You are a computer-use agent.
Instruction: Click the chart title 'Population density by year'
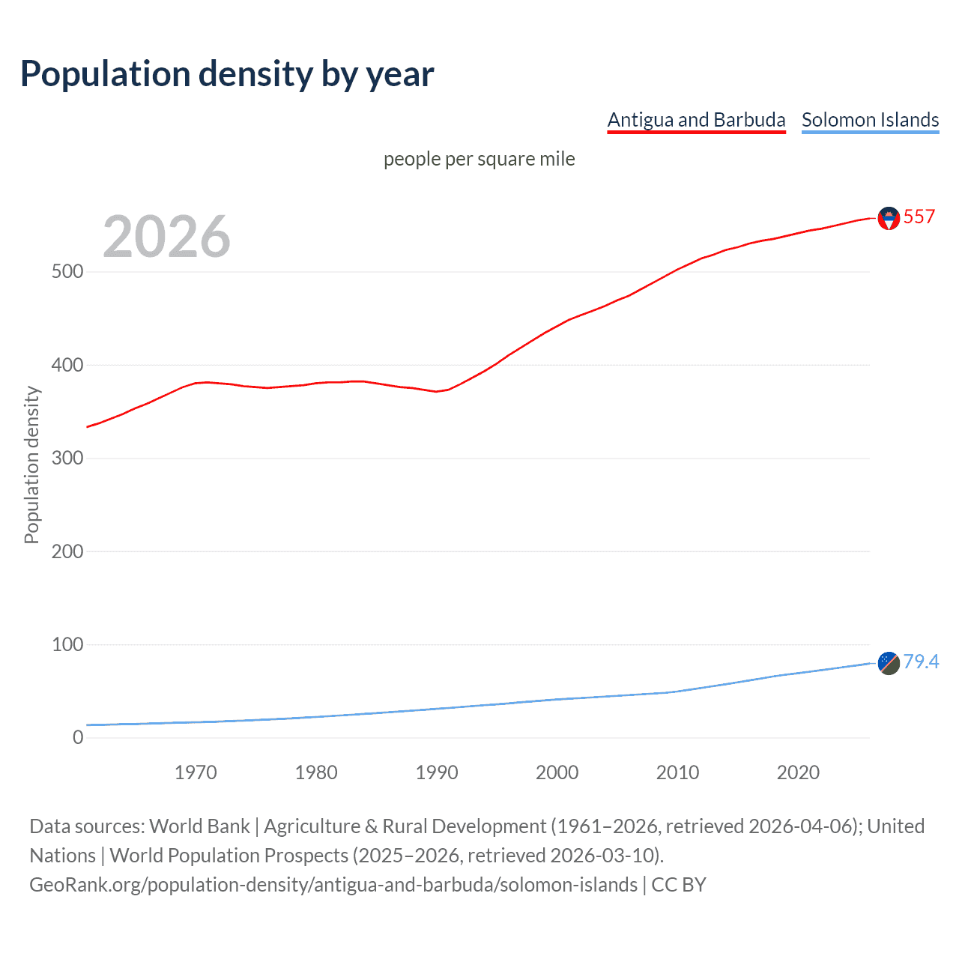[x=227, y=74]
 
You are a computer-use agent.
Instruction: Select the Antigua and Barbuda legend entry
[x=696, y=120]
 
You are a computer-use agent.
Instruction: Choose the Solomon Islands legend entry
[x=870, y=120]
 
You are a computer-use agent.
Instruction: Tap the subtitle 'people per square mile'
[x=479, y=160]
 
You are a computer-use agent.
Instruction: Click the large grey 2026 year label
[x=166, y=237]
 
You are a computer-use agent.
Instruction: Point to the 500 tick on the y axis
[x=67, y=272]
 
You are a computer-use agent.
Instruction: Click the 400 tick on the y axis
[x=67, y=366]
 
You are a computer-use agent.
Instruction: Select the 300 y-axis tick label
[x=67, y=459]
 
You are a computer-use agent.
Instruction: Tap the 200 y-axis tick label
[x=67, y=551]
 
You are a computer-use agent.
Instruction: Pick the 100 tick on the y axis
[x=67, y=644]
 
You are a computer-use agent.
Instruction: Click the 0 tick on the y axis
[x=78, y=738]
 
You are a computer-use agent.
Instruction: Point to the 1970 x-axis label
[x=196, y=772]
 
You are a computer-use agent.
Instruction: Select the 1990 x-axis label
[x=437, y=772]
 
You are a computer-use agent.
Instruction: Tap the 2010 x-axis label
[x=677, y=772]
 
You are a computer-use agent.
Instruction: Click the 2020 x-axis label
[x=798, y=772]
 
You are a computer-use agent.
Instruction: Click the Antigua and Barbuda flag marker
[x=889, y=218]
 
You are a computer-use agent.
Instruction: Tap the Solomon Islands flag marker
[x=889, y=663]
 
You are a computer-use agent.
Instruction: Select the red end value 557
[x=919, y=217]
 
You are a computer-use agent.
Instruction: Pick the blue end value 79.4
[x=921, y=662]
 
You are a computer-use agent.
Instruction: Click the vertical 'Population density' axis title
[x=31, y=465]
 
